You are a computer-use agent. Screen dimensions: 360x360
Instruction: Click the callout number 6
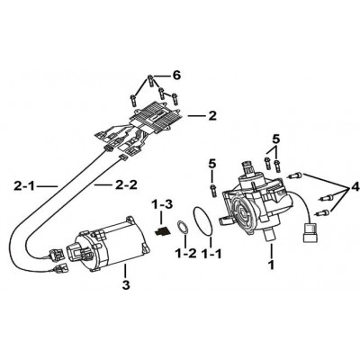[177, 76]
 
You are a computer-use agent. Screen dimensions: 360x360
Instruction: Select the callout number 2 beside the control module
[212, 116]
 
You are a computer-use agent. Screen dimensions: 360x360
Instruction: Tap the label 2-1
[24, 186]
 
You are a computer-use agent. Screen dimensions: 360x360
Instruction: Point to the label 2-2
[126, 185]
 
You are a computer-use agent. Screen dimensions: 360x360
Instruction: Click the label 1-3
[161, 205]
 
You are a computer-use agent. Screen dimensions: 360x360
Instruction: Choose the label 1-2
[185, 254]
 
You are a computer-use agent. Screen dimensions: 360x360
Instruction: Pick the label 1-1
[211, 254]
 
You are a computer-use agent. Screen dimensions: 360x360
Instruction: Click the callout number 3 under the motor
[126, 284]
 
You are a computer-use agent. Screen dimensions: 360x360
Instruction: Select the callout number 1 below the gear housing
[271, 265]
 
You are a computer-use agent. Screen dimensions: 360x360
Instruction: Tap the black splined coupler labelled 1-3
[162, 231]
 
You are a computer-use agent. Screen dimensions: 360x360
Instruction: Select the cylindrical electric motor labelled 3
[112, 243]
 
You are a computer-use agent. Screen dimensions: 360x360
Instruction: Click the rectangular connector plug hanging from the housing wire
[310, 232]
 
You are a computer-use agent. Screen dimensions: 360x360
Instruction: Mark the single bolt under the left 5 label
[212, 190]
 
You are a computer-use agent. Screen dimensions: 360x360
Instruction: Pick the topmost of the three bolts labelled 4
[296, 175]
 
